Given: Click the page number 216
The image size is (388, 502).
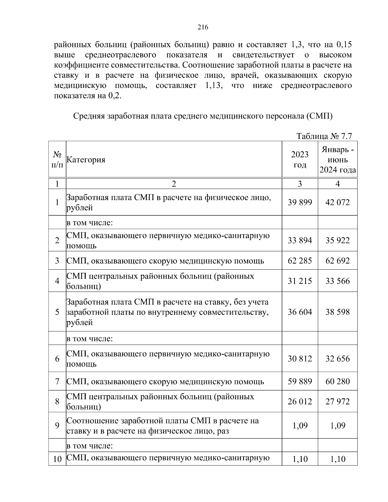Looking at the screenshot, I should [x=203, y=27].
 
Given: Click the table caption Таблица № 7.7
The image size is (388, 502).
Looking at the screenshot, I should [x=324, y=136].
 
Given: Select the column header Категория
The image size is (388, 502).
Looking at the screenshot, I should [x=86, y=160].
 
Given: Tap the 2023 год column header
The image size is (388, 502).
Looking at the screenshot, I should [x=300, y=160].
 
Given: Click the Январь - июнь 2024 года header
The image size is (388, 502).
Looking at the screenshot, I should [x=338, y=160].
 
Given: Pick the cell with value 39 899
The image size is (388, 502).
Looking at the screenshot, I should [x=300, y=202].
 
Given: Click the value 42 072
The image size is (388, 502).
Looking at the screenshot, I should [x=338, y=202].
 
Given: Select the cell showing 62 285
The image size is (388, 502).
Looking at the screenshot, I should [x=300, y=261].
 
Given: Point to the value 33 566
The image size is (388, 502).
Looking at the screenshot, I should [x=338, y=281].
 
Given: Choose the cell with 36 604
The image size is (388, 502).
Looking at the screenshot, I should [x=300, y=312].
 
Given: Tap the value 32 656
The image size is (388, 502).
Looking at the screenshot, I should [x=338, y=358].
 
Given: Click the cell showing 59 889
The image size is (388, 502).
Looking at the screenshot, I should [x=300, y=381].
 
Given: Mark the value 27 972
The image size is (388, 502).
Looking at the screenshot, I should [x=338, y=401].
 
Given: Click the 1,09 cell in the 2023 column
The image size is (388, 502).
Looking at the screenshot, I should [x=300, y=425].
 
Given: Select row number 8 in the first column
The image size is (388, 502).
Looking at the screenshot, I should [x=57, y=401].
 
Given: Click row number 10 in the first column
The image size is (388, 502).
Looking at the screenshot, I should [x=57, y=459].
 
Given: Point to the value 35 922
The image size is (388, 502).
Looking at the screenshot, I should [x=338, y=240].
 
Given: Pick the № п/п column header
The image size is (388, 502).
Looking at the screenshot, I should [x=57, y=160].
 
